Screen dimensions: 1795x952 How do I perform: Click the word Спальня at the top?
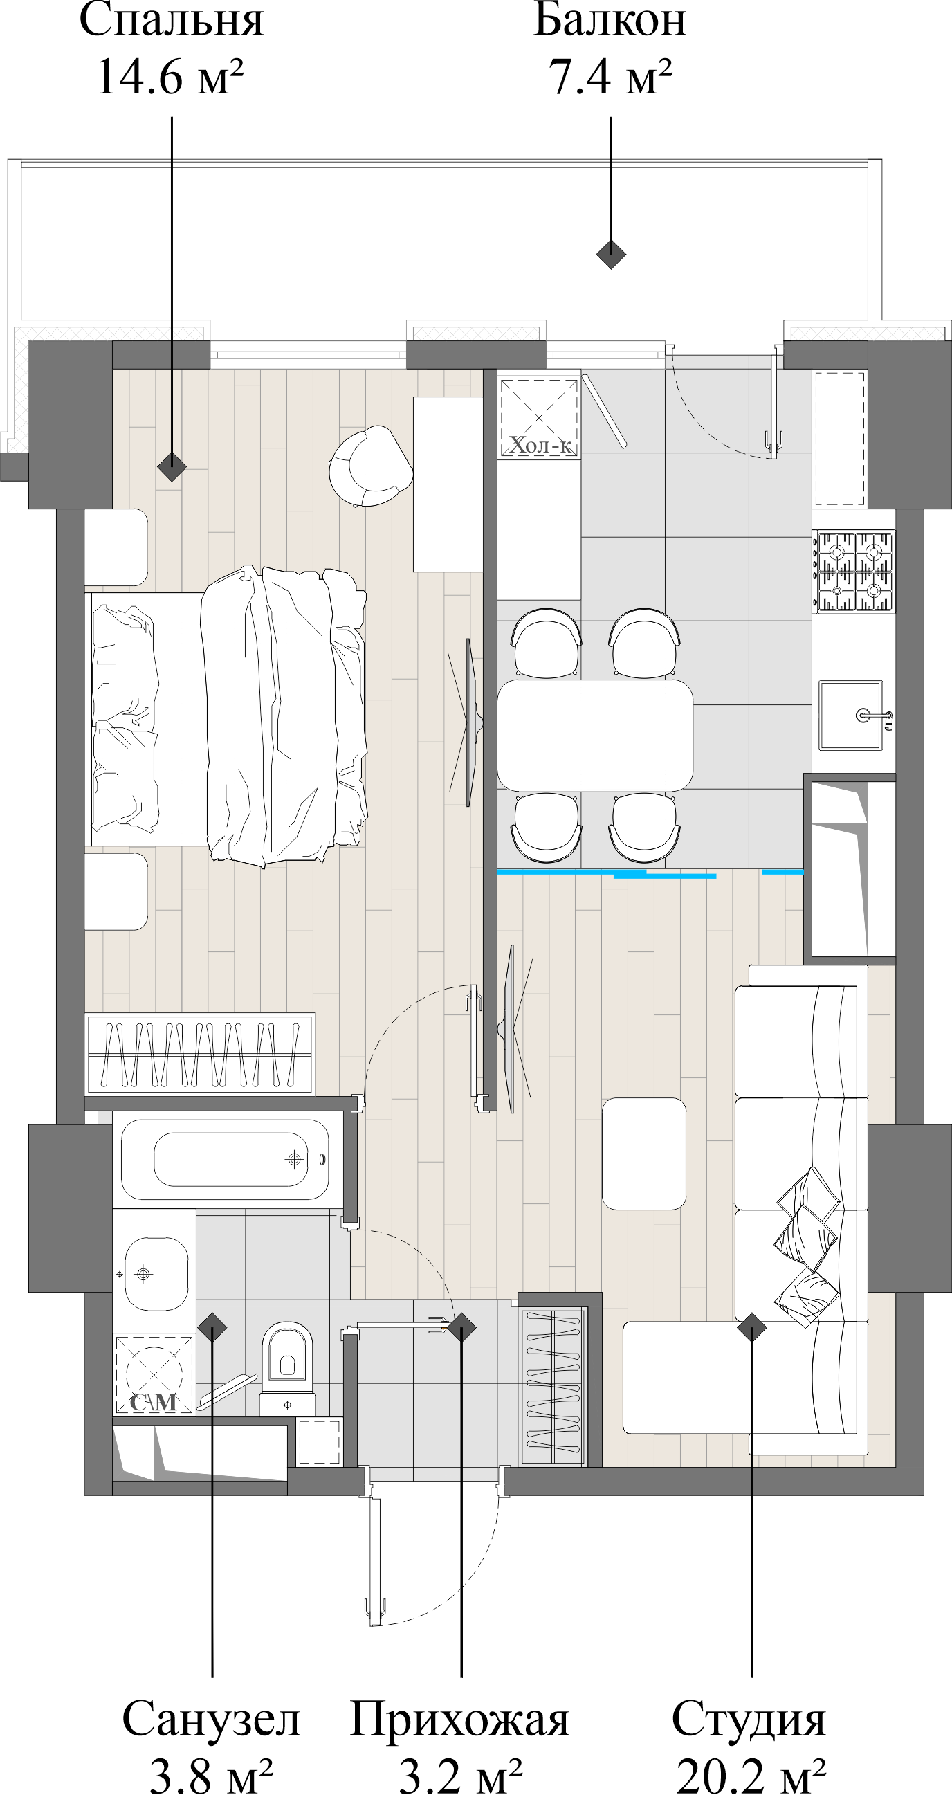[x=172, y=21]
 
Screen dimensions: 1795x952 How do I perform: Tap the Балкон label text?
[x=610, y=21]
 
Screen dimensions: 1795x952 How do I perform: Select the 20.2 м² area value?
[x=751, y=1776]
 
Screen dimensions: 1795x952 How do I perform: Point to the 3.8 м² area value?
[x=211, y=1776]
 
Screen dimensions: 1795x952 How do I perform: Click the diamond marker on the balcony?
[x=611, y=254]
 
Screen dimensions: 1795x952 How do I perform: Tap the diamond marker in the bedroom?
[x=172, y=466]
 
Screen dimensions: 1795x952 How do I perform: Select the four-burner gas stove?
[x=854, y=572]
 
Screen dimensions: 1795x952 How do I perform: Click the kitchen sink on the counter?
[x=850, y=715]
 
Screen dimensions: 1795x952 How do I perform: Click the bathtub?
[x=224, y=1160]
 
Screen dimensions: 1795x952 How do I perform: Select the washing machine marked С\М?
[x=154, y=1374]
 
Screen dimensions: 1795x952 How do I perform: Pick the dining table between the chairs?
[x=594, y=735]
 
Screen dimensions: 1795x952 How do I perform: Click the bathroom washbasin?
[x=156, y=1274]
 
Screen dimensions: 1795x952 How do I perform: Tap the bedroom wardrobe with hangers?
[x=200, y=1053]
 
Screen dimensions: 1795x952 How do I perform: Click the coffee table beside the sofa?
[x=644, y=1154]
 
